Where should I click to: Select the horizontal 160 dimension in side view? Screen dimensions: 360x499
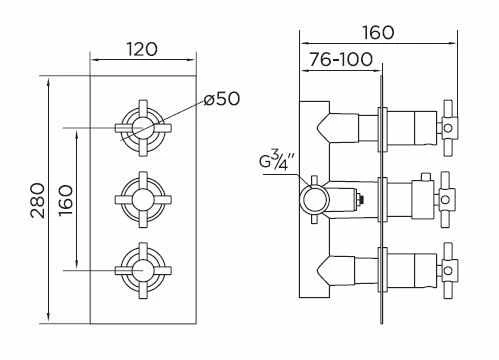[378, 31]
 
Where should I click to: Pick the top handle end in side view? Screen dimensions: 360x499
[449, 128]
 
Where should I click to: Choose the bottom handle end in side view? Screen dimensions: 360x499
[449, 268]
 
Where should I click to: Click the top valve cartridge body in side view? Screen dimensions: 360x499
[410, 128]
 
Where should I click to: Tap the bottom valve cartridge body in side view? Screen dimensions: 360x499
[410, 268]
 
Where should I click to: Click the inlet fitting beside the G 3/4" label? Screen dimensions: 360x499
[313, 197]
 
